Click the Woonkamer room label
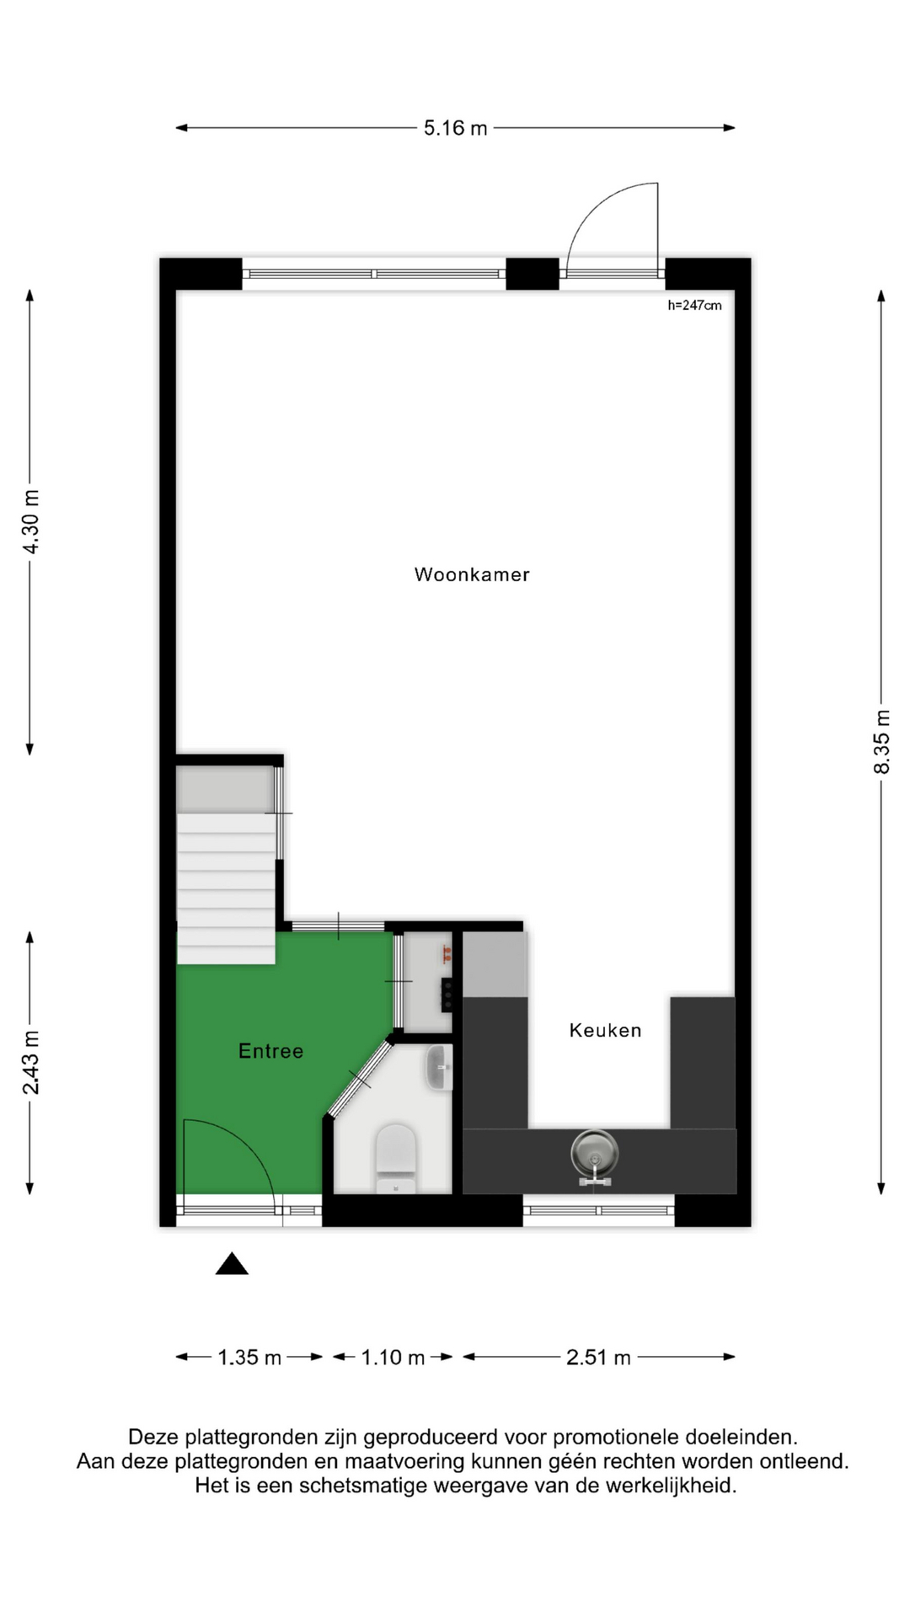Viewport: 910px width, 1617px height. pyautogui.click(x=472, y=574)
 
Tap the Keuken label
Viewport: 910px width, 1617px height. pyautogui.click(x=605, y=1030)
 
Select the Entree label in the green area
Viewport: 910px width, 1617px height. pyautogui.click(x=270, y=1051)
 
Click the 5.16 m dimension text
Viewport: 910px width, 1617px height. pyautogui.click(x=455, y=128)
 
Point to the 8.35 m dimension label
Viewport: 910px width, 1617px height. pyautogui.click(x=881, y=742)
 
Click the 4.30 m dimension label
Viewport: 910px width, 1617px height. pyautogui.click(x=30, y=522)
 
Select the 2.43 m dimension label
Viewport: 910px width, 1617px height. pyautogui.click(x=30, y=1063)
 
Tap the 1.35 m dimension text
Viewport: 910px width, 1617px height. pyautogui.click(x=249, y=1358)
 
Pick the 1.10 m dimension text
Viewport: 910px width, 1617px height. pyautogui.click(x=393, y=1358)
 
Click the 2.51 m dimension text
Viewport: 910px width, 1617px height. pyautogui.click(x=598, y=1358)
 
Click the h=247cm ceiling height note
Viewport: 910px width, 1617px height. pyautogui.click(x=694, y=306)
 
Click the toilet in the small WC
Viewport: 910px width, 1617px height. pyautogui.click(x=396, y=1158)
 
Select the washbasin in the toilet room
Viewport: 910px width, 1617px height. pyautogui.click(x=440, y=1068)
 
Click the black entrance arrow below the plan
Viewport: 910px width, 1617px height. pyautogui.click(x=232, y=1264)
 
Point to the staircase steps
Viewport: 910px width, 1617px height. pyautogui.click(x=226, y=888)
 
